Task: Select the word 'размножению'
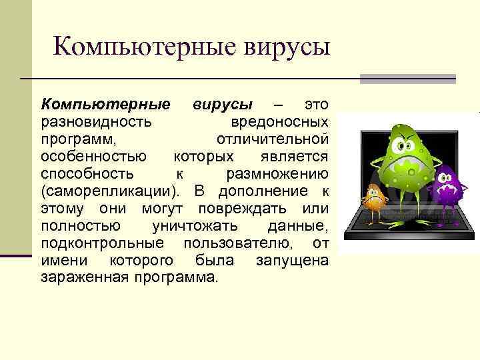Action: click(277, 174)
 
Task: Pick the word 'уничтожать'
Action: click(192, 226)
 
